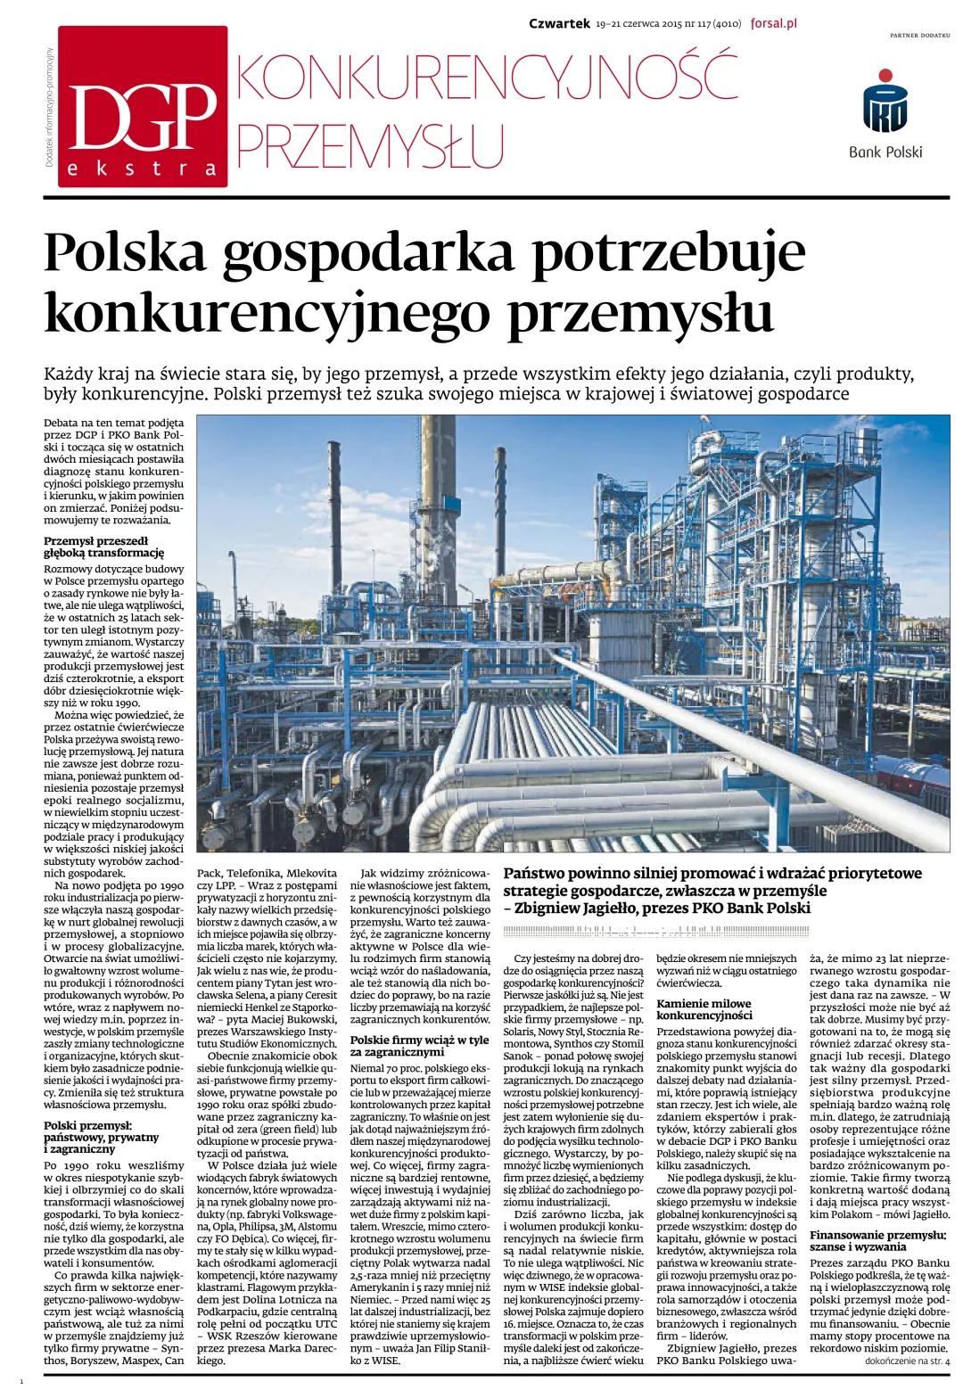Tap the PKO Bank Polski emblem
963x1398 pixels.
[885, 103]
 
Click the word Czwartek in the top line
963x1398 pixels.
[559, 24]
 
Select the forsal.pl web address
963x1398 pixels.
[772, 24]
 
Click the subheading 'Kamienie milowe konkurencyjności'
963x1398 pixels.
[704, 1009]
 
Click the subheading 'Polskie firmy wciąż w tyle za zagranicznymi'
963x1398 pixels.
[419, 1046]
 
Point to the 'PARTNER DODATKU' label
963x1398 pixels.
[919, 35]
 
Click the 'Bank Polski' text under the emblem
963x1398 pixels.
[885, 152]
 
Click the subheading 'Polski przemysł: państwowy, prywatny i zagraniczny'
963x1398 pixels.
[102, 1137]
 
